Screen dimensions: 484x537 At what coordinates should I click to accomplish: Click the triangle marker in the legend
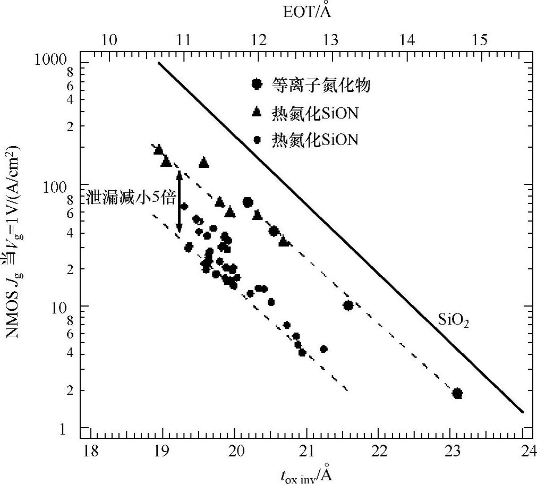coord(257,112)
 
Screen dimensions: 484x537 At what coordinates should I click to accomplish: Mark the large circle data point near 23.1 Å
coord(457,394)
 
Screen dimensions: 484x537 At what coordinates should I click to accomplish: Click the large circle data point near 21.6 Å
coord(348,305)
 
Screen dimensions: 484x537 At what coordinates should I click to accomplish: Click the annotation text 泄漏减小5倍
coord(131,198)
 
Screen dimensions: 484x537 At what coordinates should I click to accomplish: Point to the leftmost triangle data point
coord(158,150)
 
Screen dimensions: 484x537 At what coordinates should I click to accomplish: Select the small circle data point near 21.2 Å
coord(323,349)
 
